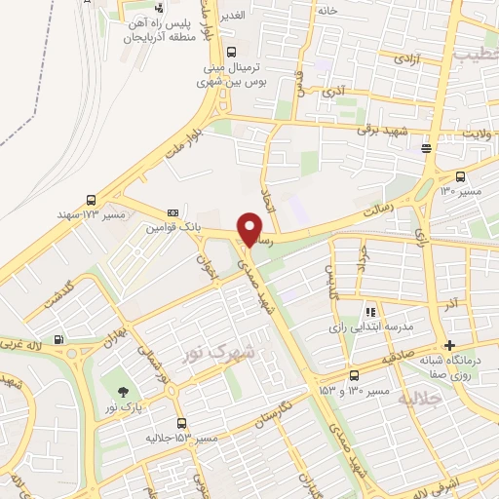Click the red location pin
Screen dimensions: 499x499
250,228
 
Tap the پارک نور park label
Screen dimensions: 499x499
126,403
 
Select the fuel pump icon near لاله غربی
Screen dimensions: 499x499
61,341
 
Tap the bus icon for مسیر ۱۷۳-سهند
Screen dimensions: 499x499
91,198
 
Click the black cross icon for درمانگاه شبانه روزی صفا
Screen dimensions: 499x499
448,345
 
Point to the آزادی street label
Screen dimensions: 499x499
406,58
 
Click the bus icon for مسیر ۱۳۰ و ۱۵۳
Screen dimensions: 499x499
353,375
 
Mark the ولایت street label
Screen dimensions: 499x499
475,133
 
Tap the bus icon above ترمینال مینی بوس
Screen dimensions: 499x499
230,53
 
